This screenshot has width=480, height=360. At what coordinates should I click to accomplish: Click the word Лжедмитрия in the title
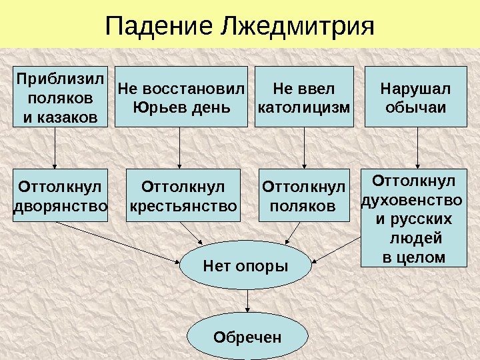297,27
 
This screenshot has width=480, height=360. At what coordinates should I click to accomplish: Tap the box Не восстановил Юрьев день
181,97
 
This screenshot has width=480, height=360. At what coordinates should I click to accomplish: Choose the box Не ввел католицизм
304,97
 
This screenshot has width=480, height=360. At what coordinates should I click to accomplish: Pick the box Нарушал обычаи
415,97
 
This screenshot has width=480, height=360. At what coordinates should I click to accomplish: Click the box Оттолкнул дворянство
60,195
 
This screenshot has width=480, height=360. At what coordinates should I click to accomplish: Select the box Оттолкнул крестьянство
183,195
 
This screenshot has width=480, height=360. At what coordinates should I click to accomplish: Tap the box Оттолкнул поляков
304,195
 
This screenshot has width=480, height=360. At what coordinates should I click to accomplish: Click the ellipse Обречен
247,337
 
